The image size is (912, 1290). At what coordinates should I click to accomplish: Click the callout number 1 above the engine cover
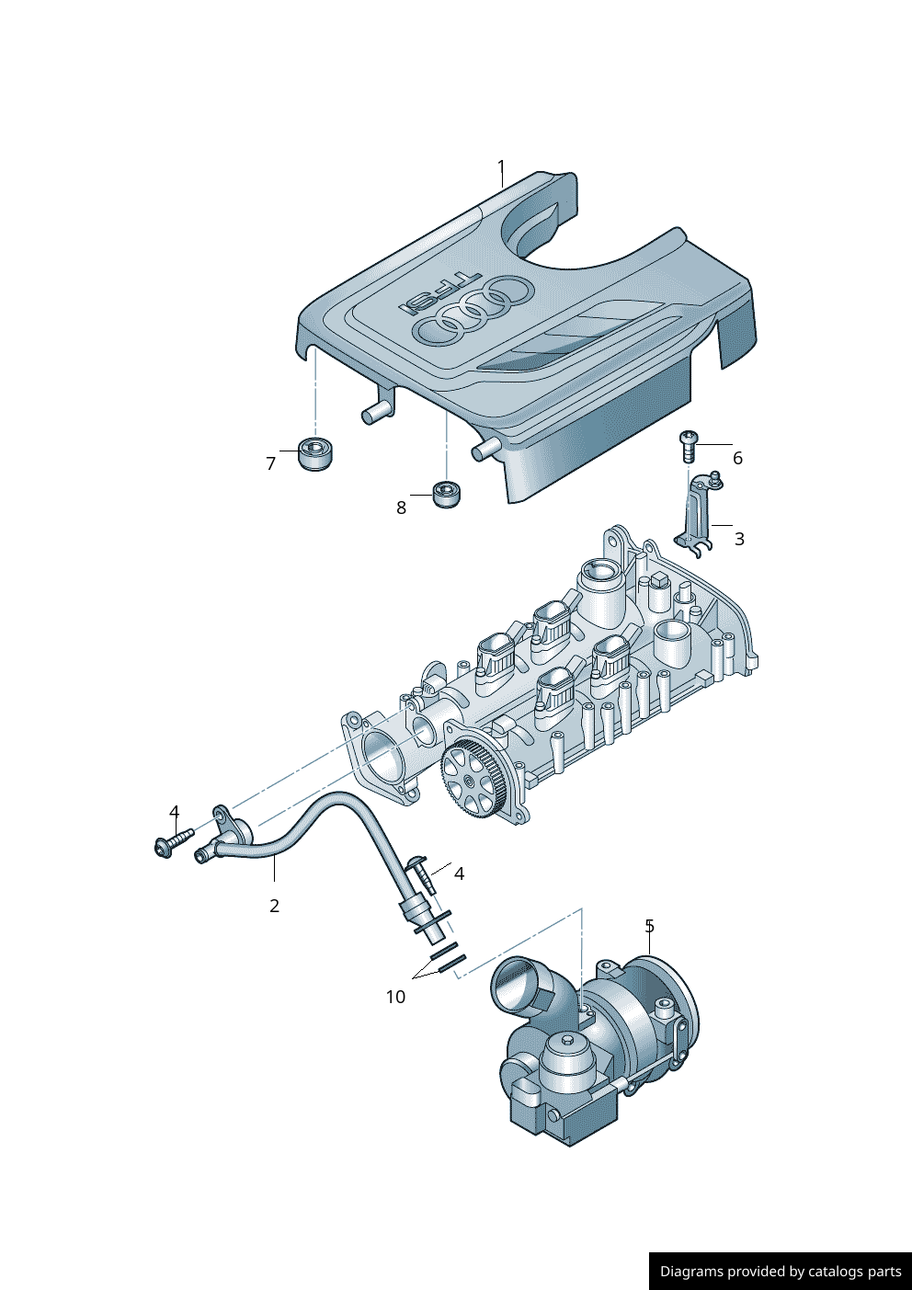pyautogui.click(x=501, y=168)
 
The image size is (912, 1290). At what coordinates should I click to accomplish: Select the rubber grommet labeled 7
pyautogui.click(x=316, y=454)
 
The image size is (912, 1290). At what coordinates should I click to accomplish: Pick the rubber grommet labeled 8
pyautogui.click(x=449, y=494)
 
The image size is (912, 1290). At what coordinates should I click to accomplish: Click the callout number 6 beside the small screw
pyautogui.click(x=737, y=459)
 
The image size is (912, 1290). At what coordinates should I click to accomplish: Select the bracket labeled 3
pyautogui.click(x=698, y=514)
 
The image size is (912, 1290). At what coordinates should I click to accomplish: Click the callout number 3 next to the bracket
pyautogui.click(x=739, y=539)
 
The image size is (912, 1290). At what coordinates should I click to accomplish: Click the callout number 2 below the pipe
pyautogui.click(x=274, y=906)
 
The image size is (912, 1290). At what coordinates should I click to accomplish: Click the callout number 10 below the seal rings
pyautogui.click(x=395, y=997)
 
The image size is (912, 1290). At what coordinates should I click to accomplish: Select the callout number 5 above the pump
pyautogui.click(x=649, y=927)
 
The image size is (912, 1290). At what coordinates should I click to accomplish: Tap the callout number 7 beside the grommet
pyautogui.click(x=270, y=463)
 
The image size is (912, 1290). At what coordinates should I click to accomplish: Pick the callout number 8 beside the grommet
pyautogui.click(x=402, y=508)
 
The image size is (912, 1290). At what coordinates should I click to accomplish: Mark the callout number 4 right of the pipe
pyautogui.click(x=459, y=873)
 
